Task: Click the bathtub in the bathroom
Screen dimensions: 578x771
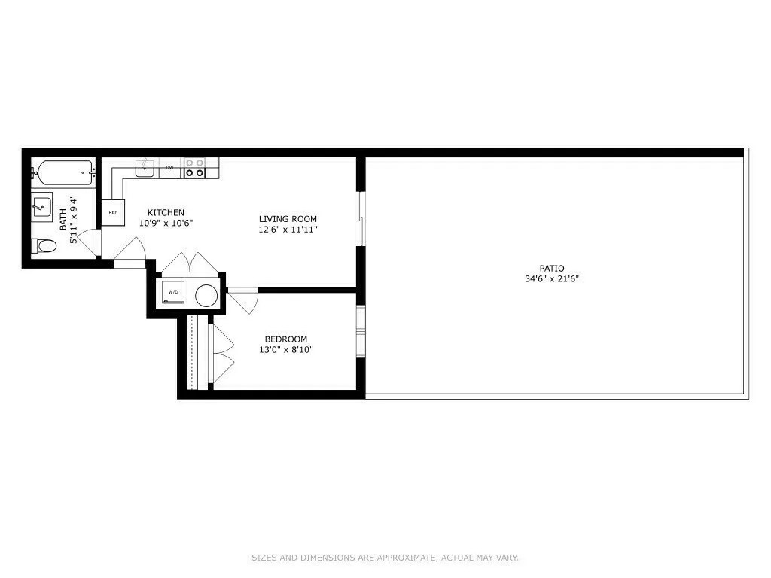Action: (x=63, y=174)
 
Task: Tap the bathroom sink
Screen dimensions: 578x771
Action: (x=41, y=206)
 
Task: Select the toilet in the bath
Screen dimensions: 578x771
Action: (x=44, y=245)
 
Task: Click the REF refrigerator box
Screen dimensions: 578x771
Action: (x=112, y=212)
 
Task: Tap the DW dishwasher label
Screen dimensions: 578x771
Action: (x=169, y=167)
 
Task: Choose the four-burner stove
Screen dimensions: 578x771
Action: (x=195, y=167)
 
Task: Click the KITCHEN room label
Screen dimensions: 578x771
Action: (x=166, y=212)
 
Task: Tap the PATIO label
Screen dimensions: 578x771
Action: (x=551, y=268)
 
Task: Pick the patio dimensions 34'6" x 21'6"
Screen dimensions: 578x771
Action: (x=551, y=278)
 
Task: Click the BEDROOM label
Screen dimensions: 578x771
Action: (x=285, y=339)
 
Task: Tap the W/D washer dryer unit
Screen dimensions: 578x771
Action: (x=174, y=292)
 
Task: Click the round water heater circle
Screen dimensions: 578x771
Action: (x=206, y=296)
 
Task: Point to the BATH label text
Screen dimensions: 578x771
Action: (x=63, y=219)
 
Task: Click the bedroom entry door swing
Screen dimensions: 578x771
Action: (x=245, y=300)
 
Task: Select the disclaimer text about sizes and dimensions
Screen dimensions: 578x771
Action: (x=385, y=558)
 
